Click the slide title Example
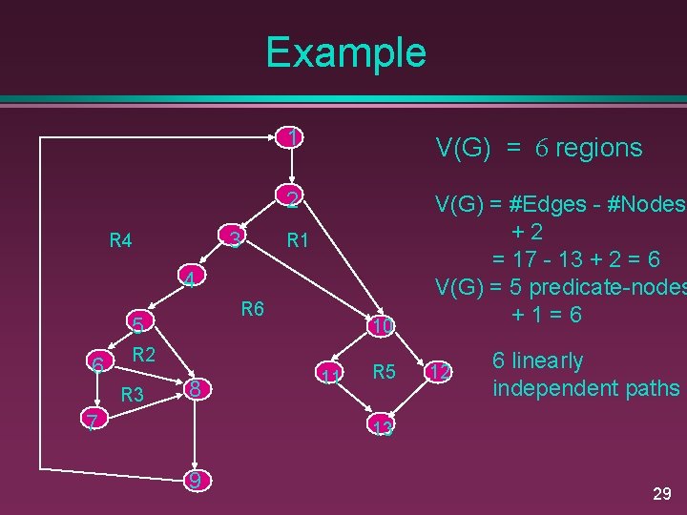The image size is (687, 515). coord(345,52)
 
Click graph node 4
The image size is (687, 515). coord(191,280)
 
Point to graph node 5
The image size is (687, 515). coord(138,327)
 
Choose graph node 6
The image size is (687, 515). coord(96,363)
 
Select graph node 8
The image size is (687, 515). coord(194,388)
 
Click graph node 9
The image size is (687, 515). coord(195,481)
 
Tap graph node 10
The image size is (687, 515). coord(383,327)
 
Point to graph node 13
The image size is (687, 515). coord(383,427)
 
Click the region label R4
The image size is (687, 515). coord(120,241)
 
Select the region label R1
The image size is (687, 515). coord(299,241)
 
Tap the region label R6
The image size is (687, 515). coord(253,308)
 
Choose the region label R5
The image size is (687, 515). coord(385,372)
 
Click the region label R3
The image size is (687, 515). coord(132,394)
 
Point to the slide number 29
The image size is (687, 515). coord(661,493)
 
